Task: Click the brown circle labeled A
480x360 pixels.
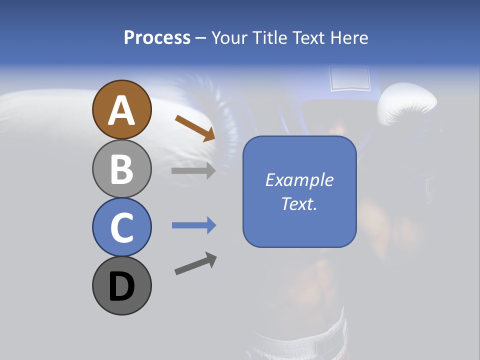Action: pyautogui.click(x=121, y=109)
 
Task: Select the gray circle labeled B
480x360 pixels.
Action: pyautogui.click(x=121, y=168)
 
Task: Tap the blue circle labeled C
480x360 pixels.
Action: pyautogui.click(x=121, y=227)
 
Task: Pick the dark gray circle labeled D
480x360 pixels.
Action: pyautogui.click(x=121, y=286)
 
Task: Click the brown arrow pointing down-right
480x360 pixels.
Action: pyautogui.click(x=195, y=128)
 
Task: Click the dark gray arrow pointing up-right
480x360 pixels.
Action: pyautogui.click(x=195, y=263)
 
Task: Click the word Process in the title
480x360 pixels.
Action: pyautogui.click(x=157, y=38)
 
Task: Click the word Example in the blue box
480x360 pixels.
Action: pyautogui.click(x=299, y=180)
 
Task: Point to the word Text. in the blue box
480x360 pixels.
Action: pyautogui.click(x=299, y=204)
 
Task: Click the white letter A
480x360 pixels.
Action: pyautogui.click(x=121, y=110)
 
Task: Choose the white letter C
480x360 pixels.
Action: pyautogui.click(x=121, y=228)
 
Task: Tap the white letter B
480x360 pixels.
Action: pyautogui.click(x=121, y=169)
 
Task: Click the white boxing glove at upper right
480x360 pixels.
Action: pyautogui.click(x=406, y=105)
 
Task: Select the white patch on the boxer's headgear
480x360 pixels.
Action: pyautogui.click(x=349, y=79)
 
